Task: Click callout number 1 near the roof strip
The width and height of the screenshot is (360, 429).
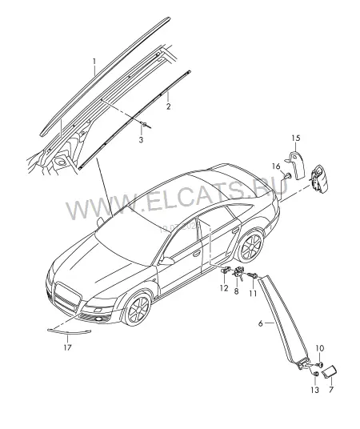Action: (94, 62)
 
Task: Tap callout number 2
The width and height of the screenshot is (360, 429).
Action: (169, 106)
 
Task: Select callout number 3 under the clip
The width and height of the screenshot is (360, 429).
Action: (141, 140)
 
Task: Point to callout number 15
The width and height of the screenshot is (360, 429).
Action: (296, 138)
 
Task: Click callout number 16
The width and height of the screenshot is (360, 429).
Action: (276, 166)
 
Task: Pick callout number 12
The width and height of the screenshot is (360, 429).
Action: (224, 288)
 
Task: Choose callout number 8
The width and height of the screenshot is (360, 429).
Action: (236, 291)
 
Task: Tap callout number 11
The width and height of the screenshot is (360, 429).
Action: (253, 293)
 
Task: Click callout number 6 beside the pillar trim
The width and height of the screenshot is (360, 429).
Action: (261, 323)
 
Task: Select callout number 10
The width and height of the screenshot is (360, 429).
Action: (320, 348)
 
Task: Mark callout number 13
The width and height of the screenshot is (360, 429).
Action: (315, 390)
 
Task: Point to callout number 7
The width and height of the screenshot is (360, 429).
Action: (331, 389)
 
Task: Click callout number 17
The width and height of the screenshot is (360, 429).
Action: (67, 347)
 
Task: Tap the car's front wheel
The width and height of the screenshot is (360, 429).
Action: (138, 309)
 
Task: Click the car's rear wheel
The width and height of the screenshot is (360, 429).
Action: (250, 246)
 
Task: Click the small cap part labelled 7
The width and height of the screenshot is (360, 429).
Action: (329, 373)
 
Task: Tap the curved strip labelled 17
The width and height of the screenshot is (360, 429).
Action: (69, 332)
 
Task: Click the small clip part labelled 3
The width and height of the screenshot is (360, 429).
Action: (144, 125)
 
